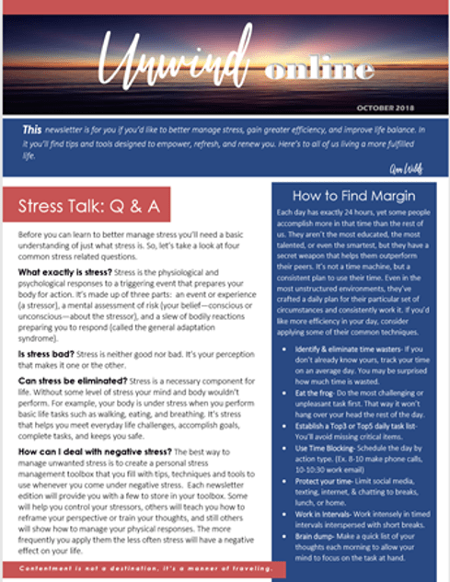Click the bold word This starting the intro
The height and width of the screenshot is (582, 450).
click(x=32, y=130)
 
